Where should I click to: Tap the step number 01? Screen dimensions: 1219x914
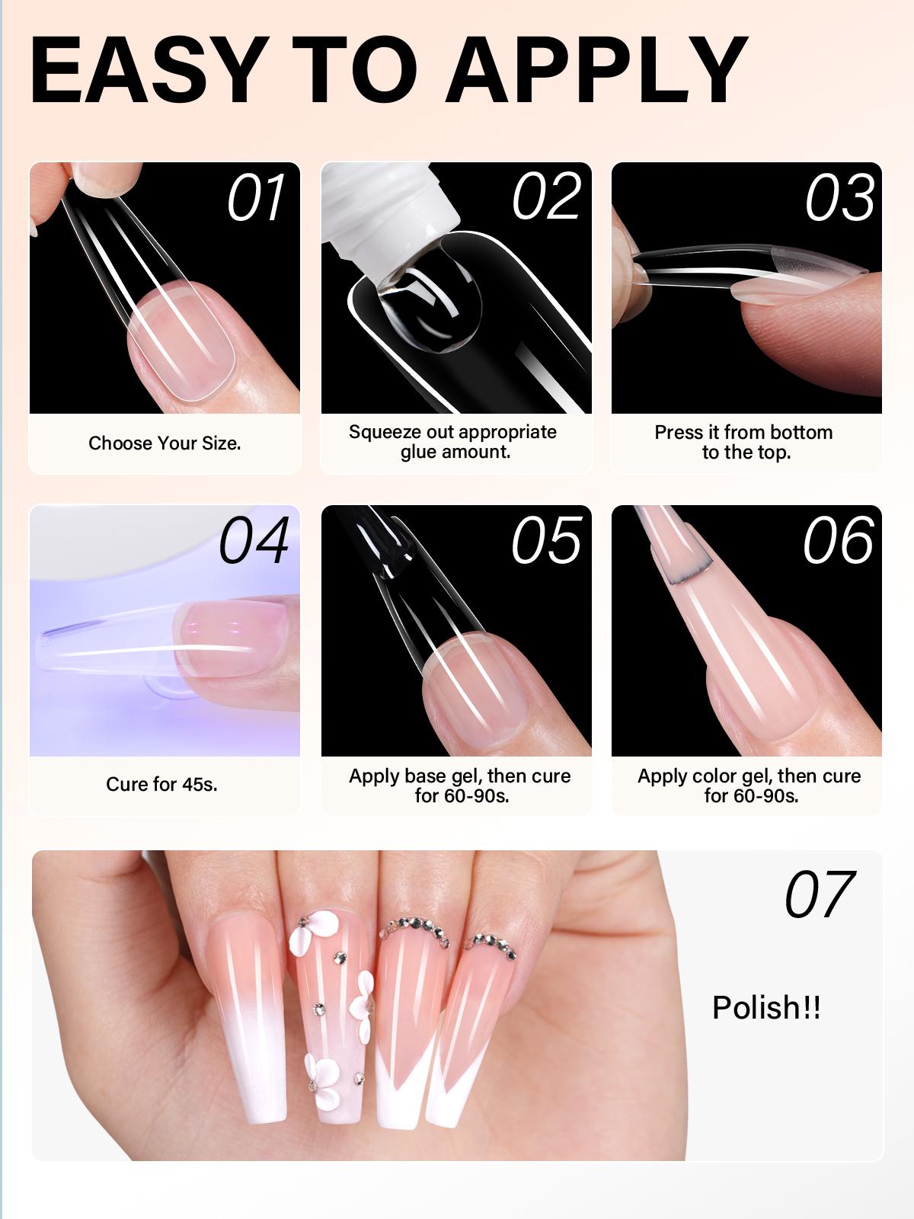(x=256, y=198)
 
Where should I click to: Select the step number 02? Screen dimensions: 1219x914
(x=546, y=197)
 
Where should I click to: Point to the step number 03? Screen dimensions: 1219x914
(x=839, y=198)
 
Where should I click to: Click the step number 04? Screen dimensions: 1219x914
(x=254, y=540)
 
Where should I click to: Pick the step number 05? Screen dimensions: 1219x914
(x=546, y=540)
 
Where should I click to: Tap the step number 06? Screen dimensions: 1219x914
(x=838, y=540)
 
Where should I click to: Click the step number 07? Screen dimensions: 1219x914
(x=820, y=895)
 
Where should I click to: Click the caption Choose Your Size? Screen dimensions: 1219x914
(x=165, y=443)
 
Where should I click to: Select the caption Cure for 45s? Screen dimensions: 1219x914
(x=161, y=784)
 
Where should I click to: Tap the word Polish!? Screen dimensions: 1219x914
(x=766, y=1008)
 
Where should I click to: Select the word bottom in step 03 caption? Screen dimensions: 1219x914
(x=801, y=433)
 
